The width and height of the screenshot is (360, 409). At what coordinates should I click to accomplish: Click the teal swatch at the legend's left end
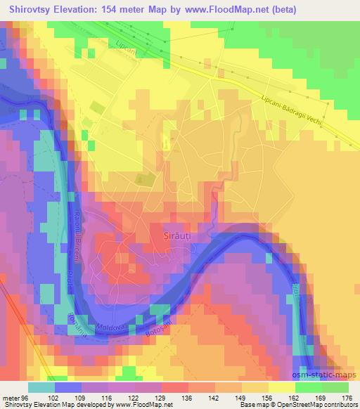pyautogui.click(x=41, y=387)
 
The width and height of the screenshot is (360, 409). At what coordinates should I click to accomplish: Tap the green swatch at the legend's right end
pyautogui.click(x=336, y=387)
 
